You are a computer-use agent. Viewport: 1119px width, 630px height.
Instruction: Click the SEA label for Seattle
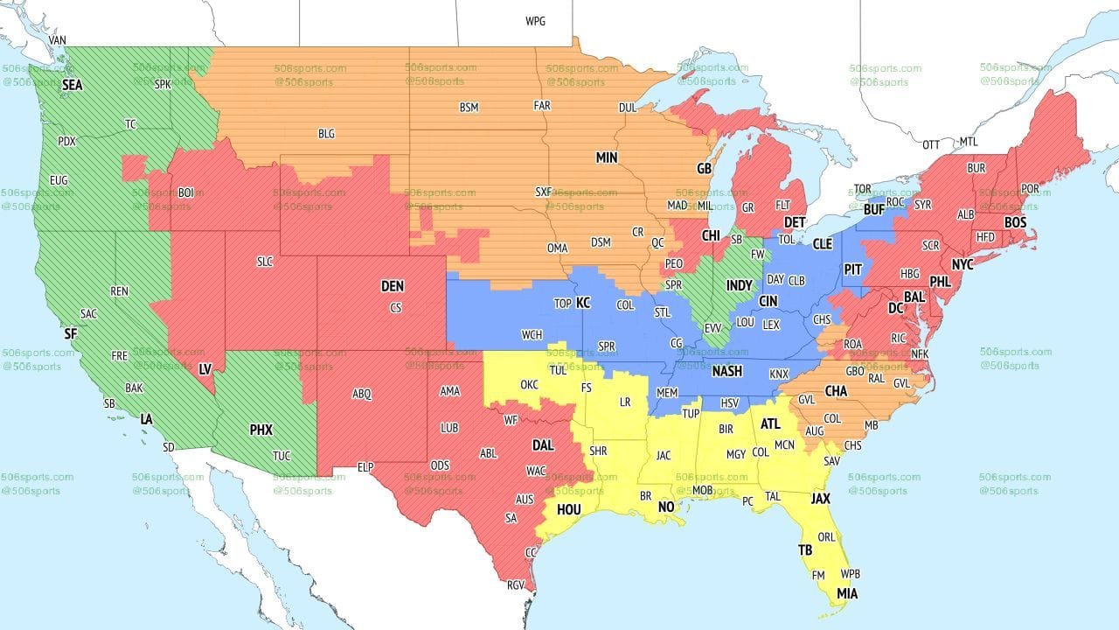(73, 85)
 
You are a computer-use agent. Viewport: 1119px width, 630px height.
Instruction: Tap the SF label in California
(71, 333)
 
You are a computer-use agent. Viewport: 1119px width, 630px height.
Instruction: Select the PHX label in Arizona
(261, 430)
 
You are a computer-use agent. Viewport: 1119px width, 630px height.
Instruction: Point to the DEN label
(393, 286)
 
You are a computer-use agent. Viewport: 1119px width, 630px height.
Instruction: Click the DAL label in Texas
(543, 444)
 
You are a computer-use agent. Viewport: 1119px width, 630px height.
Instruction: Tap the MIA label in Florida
(846, 594)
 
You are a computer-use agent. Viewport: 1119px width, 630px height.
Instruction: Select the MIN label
(607, 158)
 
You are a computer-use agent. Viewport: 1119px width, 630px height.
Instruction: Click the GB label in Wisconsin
(704, 167)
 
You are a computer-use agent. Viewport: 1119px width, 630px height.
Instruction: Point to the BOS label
(1015, 223)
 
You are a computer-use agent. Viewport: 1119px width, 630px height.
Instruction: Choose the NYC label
(963, 264)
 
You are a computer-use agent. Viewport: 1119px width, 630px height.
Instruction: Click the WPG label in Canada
(535, 21)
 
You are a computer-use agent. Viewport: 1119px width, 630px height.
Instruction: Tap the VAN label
(58, 40)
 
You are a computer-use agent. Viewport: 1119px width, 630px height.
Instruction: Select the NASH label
(726, 371)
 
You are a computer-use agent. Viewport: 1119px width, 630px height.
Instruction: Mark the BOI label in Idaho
(185, 192)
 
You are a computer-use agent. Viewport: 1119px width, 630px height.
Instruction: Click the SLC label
(265, 262)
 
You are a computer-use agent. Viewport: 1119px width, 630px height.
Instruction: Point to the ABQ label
(362, 394)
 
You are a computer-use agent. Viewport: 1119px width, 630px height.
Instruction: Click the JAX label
(820, 499)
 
